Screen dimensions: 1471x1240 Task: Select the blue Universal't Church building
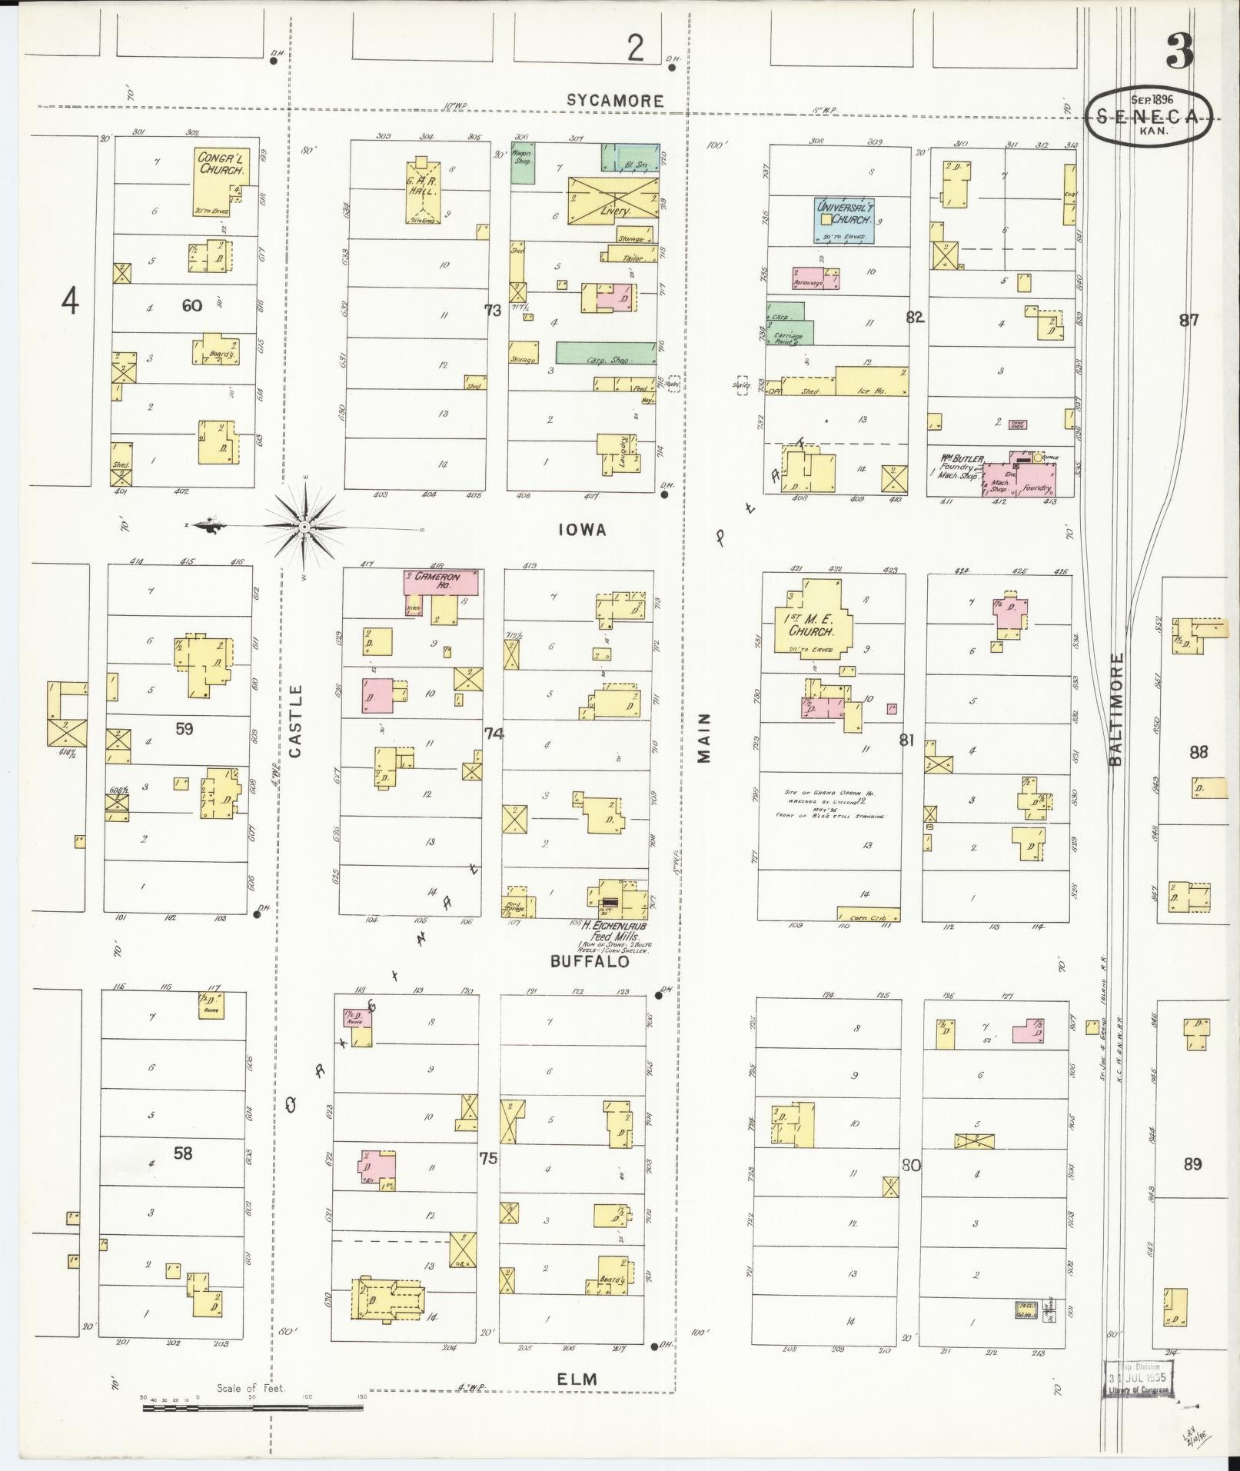[x=844, y=221]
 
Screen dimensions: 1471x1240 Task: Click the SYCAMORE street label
[x=614, y=100]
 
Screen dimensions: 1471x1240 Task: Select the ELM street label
[x=577, y=1379]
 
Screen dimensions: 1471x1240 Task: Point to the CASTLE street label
[x=297, y=721]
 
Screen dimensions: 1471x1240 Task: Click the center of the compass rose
[x=304, y=527]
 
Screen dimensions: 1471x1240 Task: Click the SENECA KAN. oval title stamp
[x=1149, y=115]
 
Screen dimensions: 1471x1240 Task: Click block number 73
[x=492, y=310]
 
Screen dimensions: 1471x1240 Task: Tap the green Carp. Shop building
[x=606, y=352]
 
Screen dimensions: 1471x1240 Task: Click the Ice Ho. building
[x=872, y=381]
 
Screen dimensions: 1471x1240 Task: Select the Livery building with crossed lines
[x=613, y=198]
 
